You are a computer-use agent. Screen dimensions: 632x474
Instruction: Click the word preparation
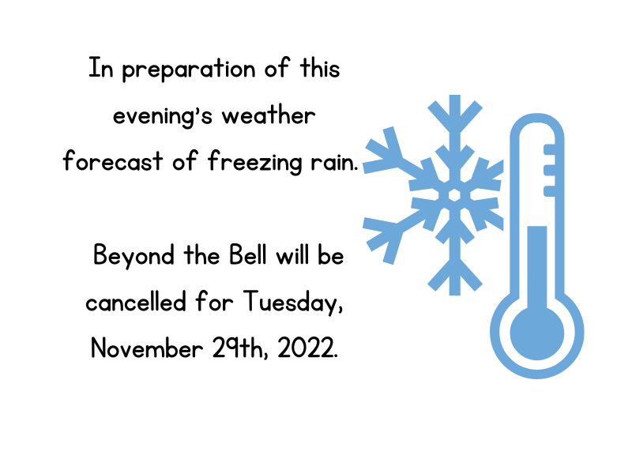pos(189,70)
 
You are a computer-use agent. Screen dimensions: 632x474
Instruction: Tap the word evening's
pos(163,117)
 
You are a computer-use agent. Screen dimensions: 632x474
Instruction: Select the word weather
pos(269,115)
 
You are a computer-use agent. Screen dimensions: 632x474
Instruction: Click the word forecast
pos(113,161)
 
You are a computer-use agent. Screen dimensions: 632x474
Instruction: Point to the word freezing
pos(254,162)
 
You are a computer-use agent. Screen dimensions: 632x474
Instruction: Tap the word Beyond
pos(134,256)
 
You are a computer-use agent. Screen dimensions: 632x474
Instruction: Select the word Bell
pos(248,254)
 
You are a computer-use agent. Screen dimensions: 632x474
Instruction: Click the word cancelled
pos(136,302)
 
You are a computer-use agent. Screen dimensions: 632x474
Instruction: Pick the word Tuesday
pos(293,303)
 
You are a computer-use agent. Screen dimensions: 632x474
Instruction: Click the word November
pos(147,348)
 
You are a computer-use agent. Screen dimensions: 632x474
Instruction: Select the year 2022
pos(307,348)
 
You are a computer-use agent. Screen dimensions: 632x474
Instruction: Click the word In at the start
pos(101,68)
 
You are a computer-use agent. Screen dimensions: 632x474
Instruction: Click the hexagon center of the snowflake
pos(455,195)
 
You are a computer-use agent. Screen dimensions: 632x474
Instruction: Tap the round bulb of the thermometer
pos(537,333)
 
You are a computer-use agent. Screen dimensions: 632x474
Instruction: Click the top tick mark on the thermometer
pos(549,149)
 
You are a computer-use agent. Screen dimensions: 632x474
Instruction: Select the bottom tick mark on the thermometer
pos(549,191)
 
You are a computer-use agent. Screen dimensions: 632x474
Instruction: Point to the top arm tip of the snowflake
pos(455,96)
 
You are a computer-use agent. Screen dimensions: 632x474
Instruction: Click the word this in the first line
pos(320,68)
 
